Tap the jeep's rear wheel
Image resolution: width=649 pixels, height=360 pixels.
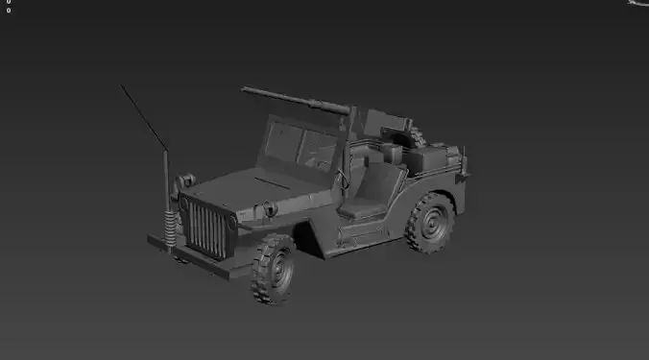pos(429,224)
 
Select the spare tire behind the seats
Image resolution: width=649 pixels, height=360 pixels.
pos(411,135)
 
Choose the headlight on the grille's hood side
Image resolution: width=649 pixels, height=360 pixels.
pos(267,208)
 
